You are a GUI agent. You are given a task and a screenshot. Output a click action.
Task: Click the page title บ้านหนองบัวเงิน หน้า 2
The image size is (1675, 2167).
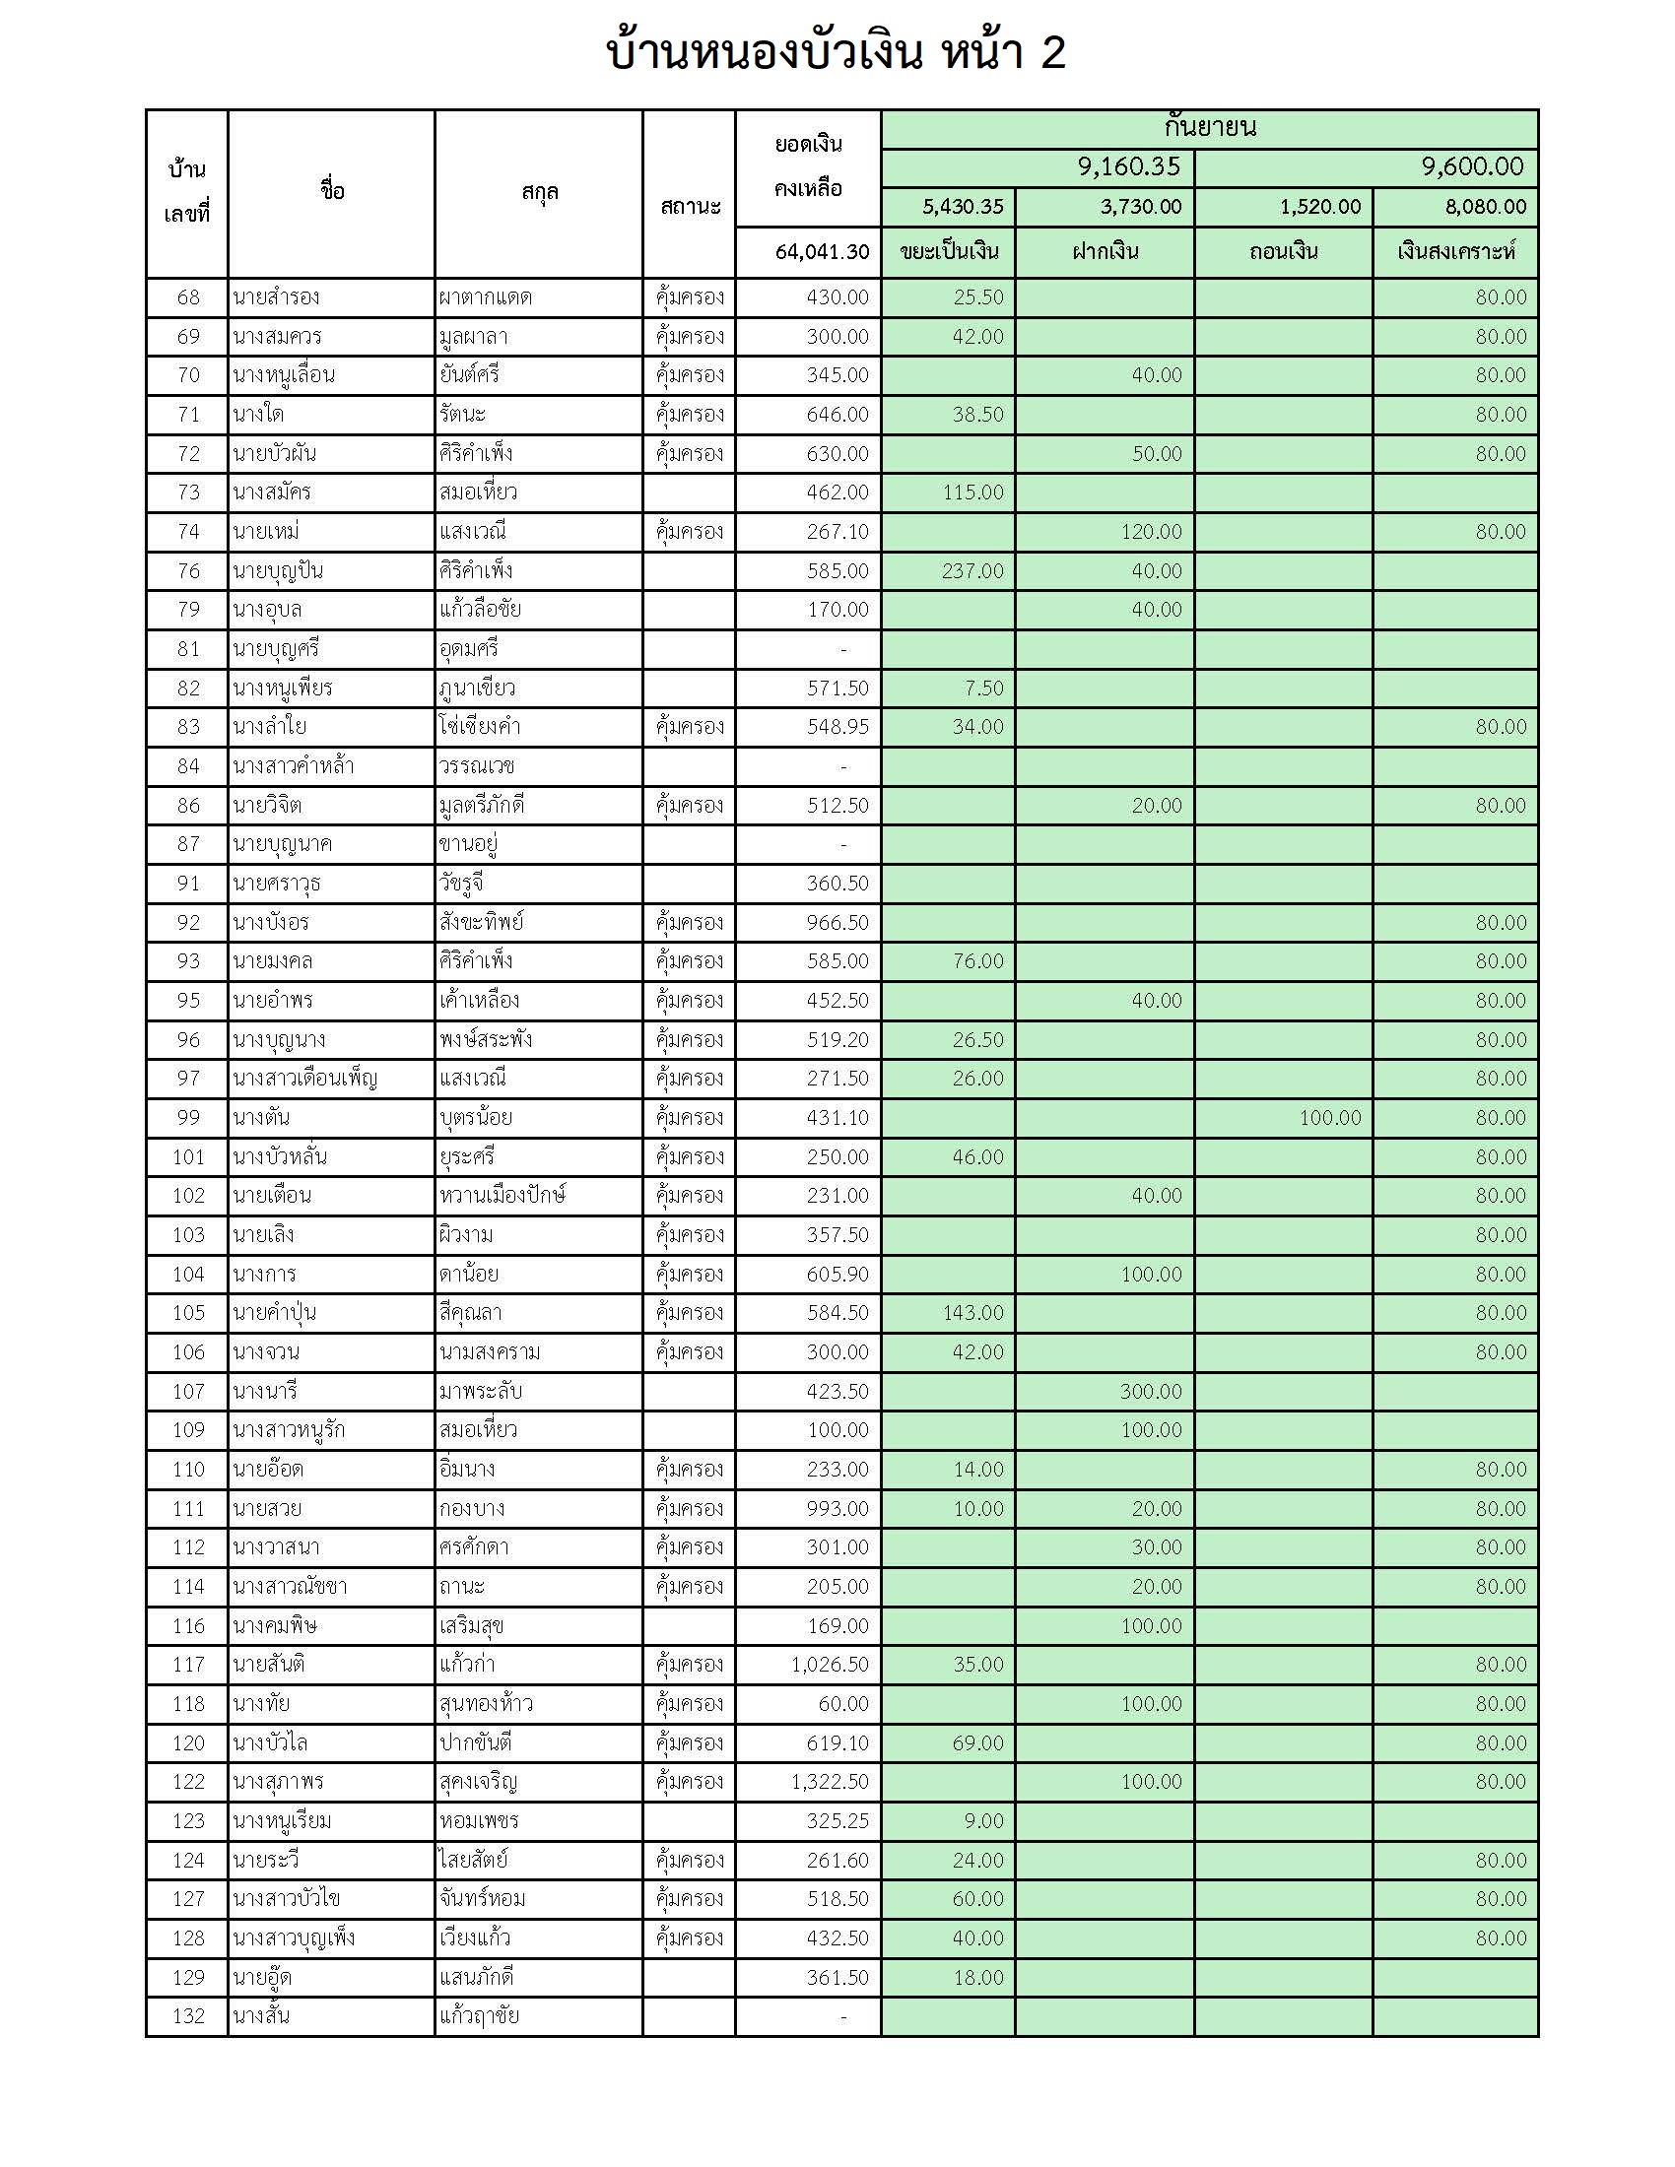836,52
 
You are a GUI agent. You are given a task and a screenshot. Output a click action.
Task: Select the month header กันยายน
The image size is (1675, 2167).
1210,128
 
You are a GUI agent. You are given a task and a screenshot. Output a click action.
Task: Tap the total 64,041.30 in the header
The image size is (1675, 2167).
822,252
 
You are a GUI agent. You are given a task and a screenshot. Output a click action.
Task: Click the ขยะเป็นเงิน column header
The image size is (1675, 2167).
949,252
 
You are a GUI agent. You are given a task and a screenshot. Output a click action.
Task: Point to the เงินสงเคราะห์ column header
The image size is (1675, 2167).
1455,252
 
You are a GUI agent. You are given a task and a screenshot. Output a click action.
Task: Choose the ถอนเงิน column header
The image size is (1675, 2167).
1283,252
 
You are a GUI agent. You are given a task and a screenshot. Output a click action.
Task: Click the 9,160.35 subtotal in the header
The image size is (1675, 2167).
1129,166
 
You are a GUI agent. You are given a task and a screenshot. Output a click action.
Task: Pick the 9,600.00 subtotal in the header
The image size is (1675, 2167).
1472,166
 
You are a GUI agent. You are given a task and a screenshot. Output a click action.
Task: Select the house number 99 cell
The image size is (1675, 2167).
188,1118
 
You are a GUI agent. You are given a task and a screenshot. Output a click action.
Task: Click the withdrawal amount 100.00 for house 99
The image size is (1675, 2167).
1330,1118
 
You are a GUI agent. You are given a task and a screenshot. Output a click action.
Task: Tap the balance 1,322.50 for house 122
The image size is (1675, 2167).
830,1782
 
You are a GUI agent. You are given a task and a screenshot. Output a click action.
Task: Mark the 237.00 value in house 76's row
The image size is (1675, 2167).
972,571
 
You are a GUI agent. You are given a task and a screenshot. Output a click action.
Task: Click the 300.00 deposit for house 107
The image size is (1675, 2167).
1151,1392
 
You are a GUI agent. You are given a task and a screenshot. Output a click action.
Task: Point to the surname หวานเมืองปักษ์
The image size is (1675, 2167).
502,1196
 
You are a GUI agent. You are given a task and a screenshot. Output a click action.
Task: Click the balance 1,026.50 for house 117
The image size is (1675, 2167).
830,1665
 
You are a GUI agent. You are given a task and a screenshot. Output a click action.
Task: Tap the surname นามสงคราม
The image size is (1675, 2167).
491,1352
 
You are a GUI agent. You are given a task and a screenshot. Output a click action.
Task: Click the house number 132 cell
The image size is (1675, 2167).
188,2016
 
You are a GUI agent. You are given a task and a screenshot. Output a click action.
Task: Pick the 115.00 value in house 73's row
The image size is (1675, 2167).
972,493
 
